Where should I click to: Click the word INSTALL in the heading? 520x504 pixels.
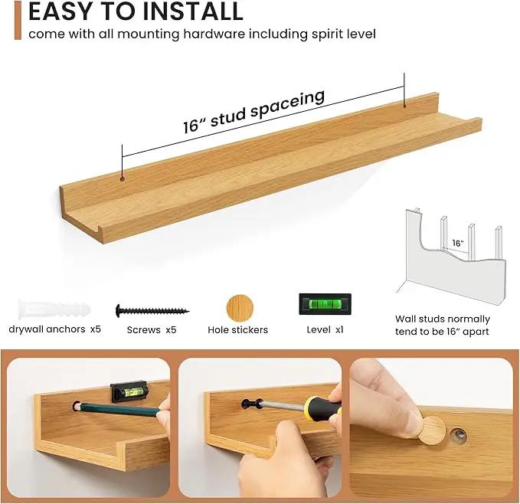(x=193, y=11)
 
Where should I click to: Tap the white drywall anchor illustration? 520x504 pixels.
(x=54, y=309)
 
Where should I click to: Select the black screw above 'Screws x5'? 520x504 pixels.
(x=152, y=311)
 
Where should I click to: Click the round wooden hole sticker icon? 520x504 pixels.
(x=240, y=309)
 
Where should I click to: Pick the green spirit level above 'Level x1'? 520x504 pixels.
(x=325, y=304)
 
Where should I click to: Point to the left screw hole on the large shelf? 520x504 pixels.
(x=122, y=179)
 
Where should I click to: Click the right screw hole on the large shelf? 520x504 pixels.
(x=404, y=106)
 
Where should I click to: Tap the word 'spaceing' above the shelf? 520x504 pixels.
(x=287, y=103)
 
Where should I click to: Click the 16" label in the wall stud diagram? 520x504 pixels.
(x=458, y=243)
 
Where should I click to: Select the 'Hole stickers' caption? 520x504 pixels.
(x=237, y=330)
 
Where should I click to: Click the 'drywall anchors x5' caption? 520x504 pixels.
(x=54, y=329)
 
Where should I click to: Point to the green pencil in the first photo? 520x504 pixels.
(x=118, y=409)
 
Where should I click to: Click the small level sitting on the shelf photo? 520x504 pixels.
(x=129, y=391)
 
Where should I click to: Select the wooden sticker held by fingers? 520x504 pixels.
(x=431, y=430)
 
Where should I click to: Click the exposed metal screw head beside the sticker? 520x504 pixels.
(x=458, y=435)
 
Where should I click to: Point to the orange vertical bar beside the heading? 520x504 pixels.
(x=18, y=20)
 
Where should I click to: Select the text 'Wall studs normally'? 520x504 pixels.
(x=443, y=319)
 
